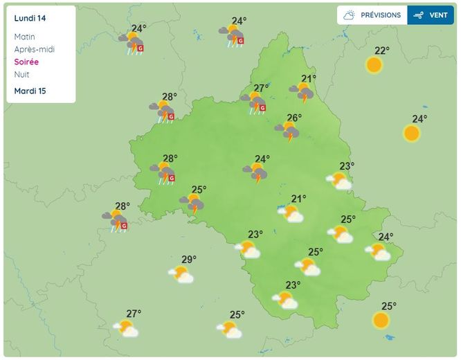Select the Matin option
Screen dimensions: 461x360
(x=24, y=37)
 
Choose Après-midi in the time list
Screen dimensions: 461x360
(x=34, y=49)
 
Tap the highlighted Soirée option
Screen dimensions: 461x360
(x=26, y=62)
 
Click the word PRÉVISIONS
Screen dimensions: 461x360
(x=380, y=15)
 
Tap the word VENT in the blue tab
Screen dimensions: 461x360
(x=438, y=15)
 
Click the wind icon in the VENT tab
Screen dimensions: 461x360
(x=419, y=15)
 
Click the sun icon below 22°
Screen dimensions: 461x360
(x=374, y=65)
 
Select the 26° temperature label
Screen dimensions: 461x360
(x=295, y=118)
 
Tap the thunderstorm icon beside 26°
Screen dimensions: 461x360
(x=287, y=131)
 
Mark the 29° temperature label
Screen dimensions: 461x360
(x=189, y=260)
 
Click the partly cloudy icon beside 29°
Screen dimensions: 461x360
(x=181, y=275)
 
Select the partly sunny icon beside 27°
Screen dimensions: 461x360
(x=126, y=328)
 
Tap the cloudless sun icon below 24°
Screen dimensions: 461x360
(x=412, y=133)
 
